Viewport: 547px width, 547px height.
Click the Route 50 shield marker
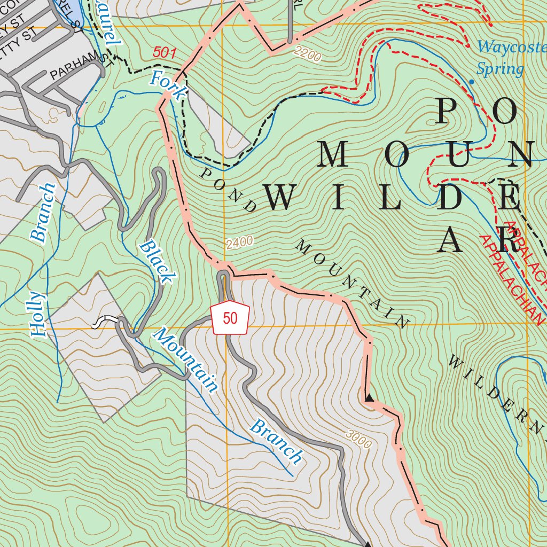pyautogui.click(x=230, y=318)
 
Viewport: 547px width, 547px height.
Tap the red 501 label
pyautogui.click(x=164, y=52)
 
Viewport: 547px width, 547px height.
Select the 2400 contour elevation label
pyautogui.click(x=239, y=243)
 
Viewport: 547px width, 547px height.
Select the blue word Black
pyautogui.click(x=157, y=262)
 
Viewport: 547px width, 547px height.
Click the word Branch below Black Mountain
pyautogui.click(x=276, y=441)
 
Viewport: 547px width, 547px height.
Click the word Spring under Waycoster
pyautogui.click(x=500, y=69)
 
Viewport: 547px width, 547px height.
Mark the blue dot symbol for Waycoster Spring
pyautogui.click(x=471, y=82)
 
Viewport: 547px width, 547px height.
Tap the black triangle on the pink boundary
pyautogui.click(x=369, y=397)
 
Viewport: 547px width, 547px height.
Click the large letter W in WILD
pyautogui.click(x=279, y=198)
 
